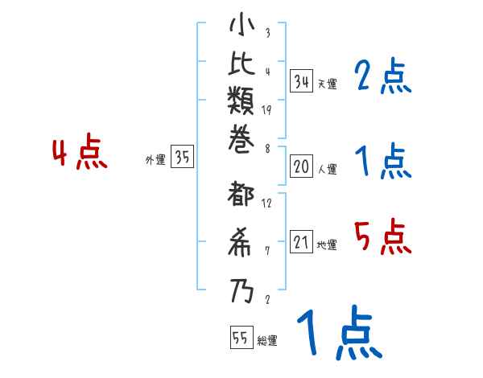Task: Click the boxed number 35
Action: pos(183,158)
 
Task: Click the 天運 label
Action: pos(326,84)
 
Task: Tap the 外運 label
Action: pos(155,160)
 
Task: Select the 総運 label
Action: pos(266,341)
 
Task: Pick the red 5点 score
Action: pos(382,236)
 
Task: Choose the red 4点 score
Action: pos(80,153)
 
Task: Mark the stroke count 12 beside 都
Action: pos(267,203)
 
